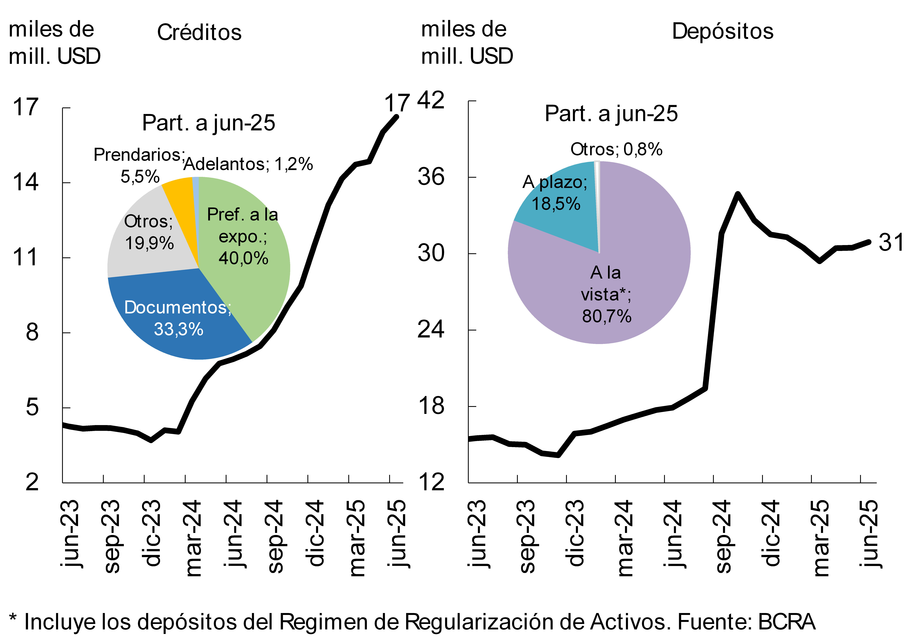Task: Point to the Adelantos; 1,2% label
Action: point(248,164)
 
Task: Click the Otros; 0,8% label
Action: point(616,149)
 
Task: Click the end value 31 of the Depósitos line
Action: point(891,242)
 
